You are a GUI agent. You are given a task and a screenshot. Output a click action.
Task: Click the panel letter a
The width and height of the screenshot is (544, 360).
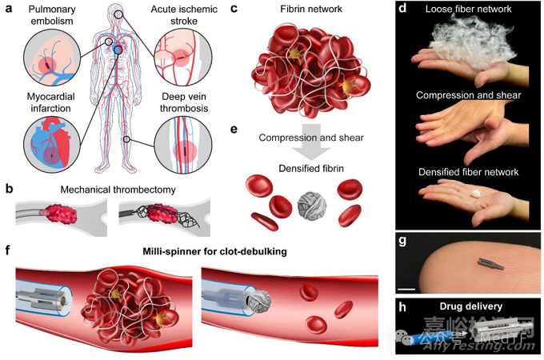tap(10, 10)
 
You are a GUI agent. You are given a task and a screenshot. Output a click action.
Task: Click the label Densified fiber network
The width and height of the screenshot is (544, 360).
tap(470, 172)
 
